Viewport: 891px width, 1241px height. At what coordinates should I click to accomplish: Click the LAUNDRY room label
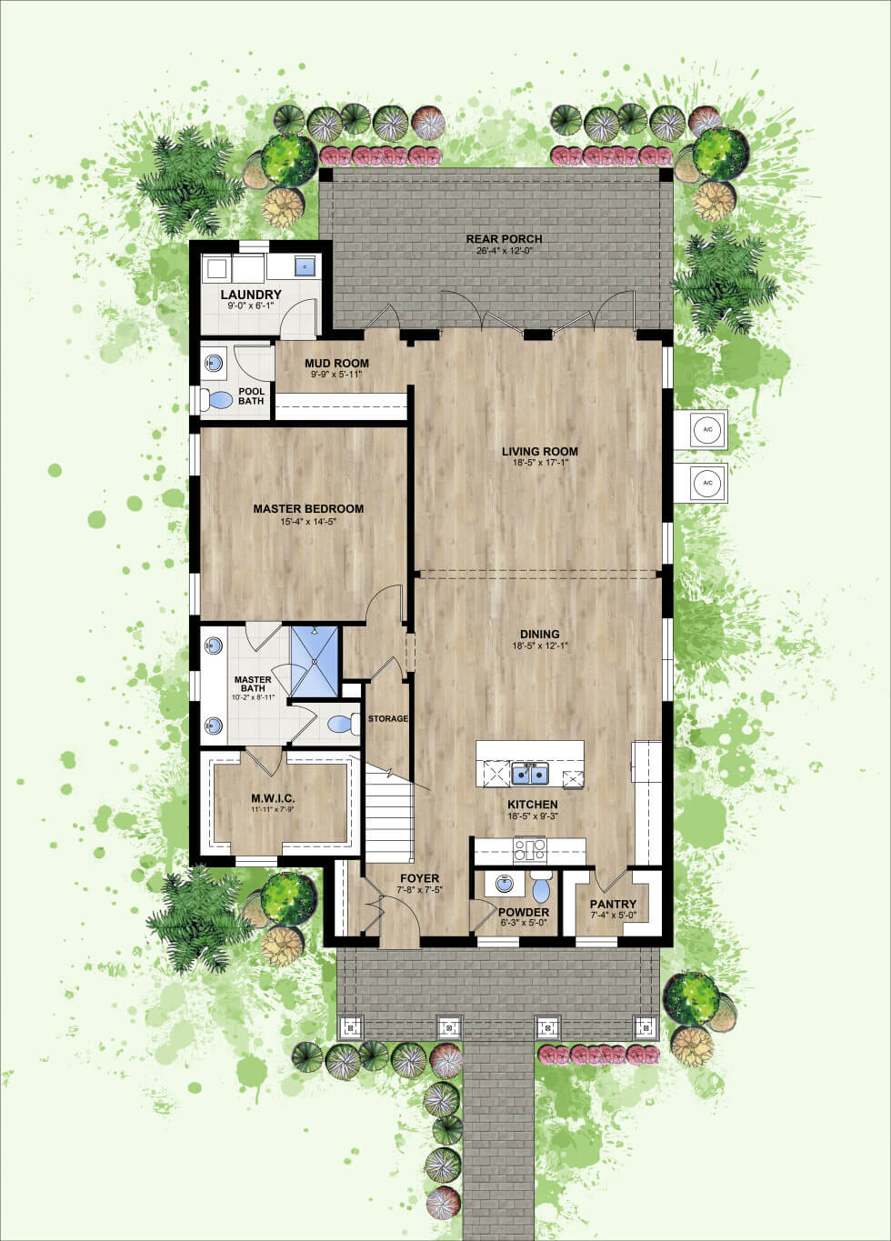point(251,295)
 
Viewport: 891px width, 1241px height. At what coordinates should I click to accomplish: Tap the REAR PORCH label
point(504,239)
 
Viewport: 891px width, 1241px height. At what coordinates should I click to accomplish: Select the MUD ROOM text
point(336,364)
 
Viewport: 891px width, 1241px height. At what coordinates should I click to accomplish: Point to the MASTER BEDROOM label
point(308,508)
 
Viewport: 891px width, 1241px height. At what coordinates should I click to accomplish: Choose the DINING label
point(539,634)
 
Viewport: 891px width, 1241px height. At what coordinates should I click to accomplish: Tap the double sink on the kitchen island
point(530,774)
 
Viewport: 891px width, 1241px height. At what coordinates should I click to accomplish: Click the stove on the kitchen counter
point(530,850)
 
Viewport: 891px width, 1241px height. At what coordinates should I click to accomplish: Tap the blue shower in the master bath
point(315,662)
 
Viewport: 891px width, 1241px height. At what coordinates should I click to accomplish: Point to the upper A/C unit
point(707,429)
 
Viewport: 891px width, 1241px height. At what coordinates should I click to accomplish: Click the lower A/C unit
point(707,483)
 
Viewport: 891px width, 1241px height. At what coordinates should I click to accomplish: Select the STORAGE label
point(388,718)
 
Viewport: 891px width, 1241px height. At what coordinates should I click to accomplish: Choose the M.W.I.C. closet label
point(273,799)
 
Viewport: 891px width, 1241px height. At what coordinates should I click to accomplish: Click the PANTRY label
point(613,904)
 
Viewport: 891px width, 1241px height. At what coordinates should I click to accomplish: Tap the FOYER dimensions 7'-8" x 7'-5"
point(419,890)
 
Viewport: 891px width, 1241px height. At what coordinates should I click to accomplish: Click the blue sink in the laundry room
point(305,266)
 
